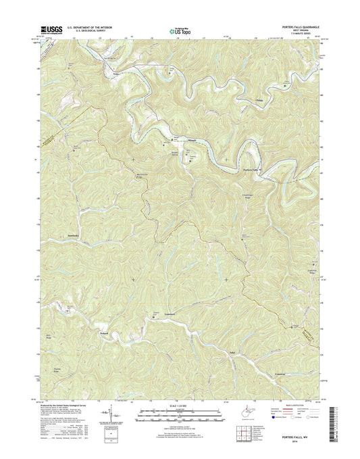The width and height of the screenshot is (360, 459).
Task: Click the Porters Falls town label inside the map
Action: click(251, 170)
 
